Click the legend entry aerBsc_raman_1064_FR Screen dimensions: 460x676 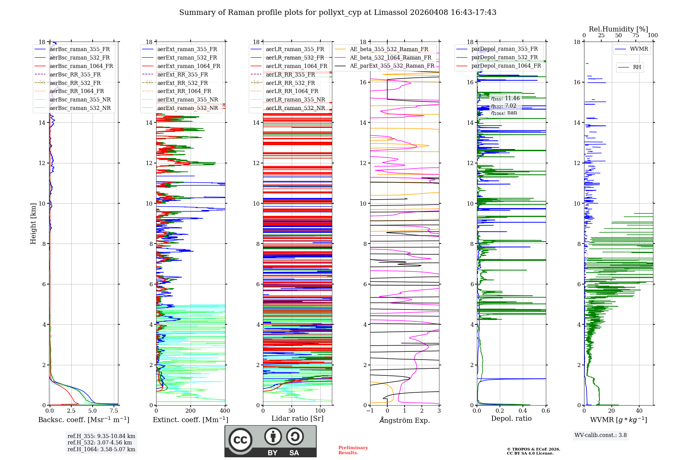click(x=81, y=66)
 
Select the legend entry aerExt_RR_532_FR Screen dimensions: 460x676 click(x=183, y=83)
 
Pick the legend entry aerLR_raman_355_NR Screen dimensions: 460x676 click(x=295, y=99)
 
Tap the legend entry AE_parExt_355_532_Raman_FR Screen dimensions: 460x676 click(x=392, y=66)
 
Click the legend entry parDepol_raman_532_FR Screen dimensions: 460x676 click(x=504, y=57)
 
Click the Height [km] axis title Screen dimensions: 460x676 click(x=33, y=224)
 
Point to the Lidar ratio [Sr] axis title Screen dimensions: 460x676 click(x=297, y=418)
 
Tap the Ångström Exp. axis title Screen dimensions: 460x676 click(x=405, y=420)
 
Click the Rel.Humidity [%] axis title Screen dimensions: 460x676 click(x=618, y=29)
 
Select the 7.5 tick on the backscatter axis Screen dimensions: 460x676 click(x=114, y=411)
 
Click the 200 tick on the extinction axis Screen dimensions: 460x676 click(x=191, y=411)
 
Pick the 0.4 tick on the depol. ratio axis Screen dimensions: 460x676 click(x=523, y=411)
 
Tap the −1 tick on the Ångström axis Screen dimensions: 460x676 click(x=370, y=411)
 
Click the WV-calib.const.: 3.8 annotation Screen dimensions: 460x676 click(x=601, y=435)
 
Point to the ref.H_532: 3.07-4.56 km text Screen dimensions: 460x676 click(x=100, y=443)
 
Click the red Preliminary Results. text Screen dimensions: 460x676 click(x=353, y=450)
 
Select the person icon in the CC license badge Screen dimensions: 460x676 click(x=273, y=437)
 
